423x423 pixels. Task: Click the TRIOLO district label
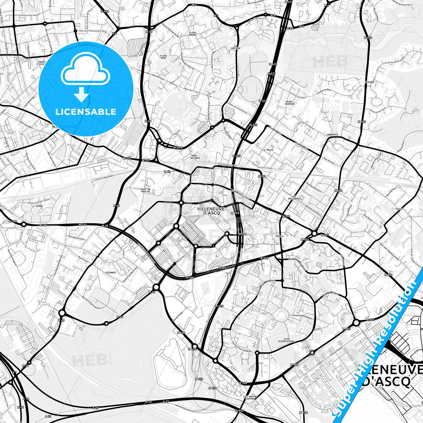[279, 236]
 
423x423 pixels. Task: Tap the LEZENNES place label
[110, 272]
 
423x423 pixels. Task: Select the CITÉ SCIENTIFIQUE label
[286, 340]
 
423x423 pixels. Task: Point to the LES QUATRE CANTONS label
[249, 398]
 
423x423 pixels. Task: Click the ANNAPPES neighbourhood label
[333, 135]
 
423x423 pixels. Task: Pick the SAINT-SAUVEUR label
[290, 103]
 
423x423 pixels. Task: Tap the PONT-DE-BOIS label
[195, 157]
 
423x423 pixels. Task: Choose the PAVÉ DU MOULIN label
[145, 191]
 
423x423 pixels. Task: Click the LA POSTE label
[268, 150]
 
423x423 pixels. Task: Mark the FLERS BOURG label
[193, 34]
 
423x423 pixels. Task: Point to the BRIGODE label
[370, 82]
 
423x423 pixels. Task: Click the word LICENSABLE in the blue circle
[86, 112]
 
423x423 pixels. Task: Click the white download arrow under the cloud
[82, 95]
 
